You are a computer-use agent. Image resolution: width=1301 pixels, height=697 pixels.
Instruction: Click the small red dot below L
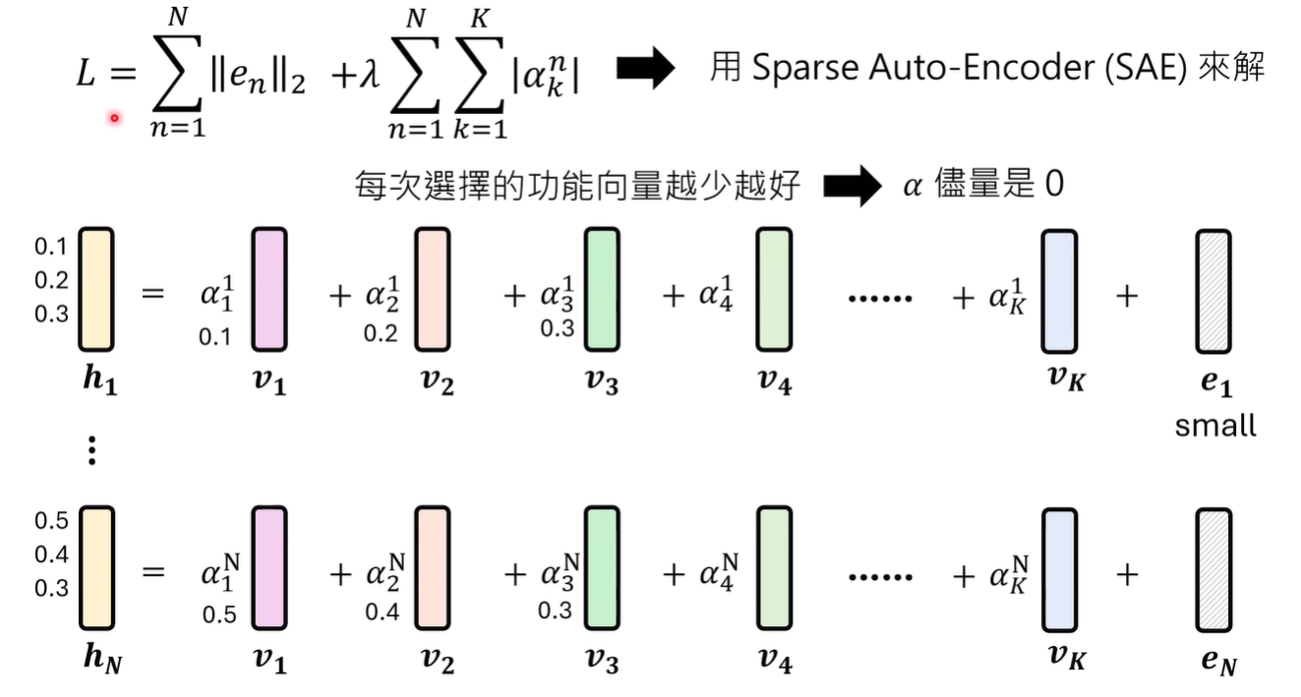114,119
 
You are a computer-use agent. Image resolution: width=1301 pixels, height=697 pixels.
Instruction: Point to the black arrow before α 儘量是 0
852,185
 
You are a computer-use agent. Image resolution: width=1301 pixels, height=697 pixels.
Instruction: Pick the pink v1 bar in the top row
269,291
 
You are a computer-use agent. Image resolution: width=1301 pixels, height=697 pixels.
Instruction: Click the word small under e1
1215,426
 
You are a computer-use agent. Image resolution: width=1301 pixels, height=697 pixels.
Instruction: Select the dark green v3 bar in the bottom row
602,569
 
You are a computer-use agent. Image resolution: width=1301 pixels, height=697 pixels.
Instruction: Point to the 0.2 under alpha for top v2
381,334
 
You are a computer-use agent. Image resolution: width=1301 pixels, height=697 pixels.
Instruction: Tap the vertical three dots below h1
91,449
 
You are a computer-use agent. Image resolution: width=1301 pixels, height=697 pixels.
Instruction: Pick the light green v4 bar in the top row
773,291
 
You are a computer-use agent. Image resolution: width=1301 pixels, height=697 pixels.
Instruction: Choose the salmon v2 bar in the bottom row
433,569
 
